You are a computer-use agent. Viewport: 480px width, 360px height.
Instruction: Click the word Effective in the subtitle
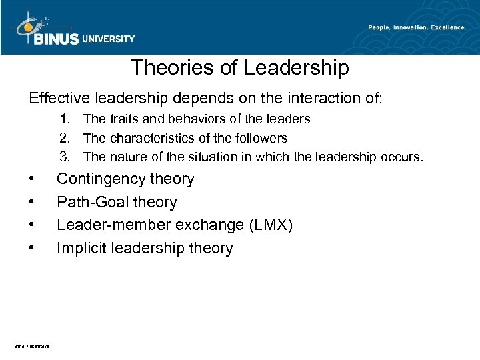coord(58,98)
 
